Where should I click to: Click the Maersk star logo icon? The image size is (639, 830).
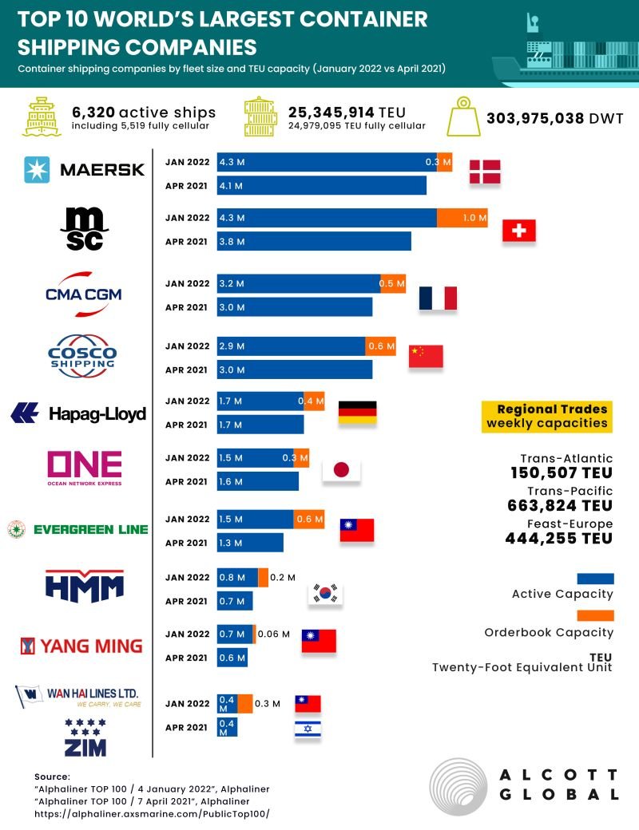tap(37, 169)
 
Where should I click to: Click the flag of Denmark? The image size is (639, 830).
tap(485, 173)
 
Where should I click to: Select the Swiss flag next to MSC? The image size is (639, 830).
tap(518, 231)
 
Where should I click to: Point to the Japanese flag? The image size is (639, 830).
tap(341, 470)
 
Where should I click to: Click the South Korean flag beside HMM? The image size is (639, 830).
tap(325, 592)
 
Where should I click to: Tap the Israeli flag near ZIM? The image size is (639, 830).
tap(308, 728)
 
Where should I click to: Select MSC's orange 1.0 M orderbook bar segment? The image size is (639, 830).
tap(462, 218)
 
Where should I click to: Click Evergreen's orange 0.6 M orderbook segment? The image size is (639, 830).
tap(308, 520)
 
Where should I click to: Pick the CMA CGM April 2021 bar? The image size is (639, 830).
tap(294, 307)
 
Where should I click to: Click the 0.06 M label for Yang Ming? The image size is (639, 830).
tap(274, 634)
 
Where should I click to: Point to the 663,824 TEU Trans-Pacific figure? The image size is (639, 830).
tap(559, 505)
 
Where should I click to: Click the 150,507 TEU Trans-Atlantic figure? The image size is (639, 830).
tap(561, 472)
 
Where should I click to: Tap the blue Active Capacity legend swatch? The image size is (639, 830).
tap(595, 578)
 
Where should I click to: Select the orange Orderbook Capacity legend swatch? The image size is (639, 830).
tap(595, 615)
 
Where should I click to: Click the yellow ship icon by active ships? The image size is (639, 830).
tap(44, 117)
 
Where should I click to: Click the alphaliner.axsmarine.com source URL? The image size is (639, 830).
tap(152, 814)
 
